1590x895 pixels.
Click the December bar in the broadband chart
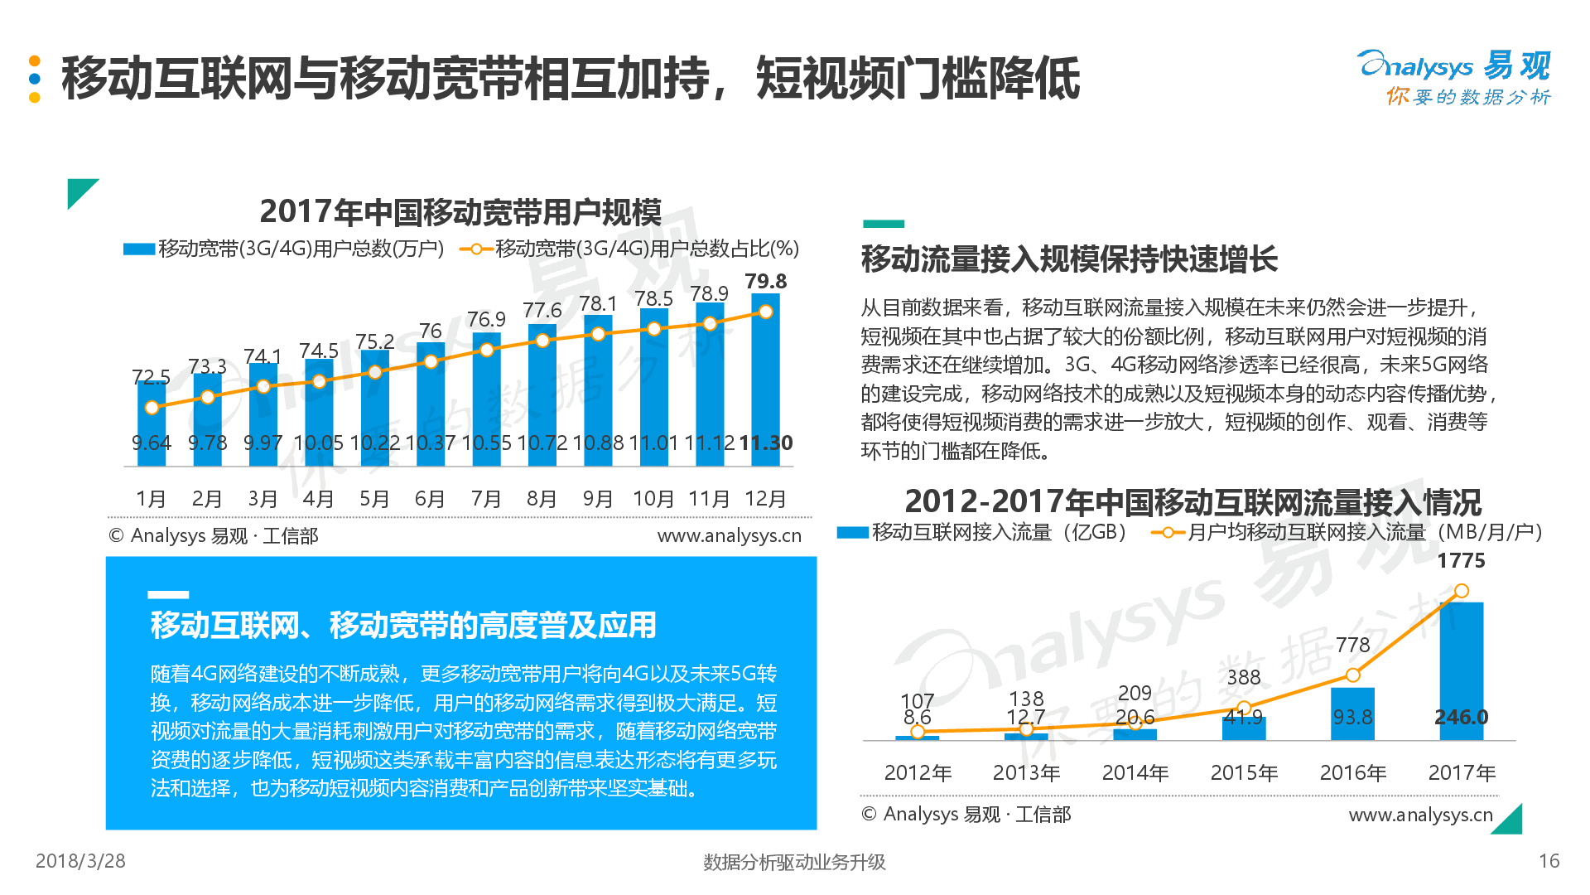coord(765,381)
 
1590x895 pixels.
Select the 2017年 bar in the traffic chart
coord(1461,663)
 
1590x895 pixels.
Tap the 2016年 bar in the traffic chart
coord(1352,713)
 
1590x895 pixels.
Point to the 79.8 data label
coord(765,282)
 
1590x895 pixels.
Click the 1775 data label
coord(1461,561)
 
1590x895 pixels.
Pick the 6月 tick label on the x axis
coord(430,499)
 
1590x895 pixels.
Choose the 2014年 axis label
coord(1135,773)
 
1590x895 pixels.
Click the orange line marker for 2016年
coord(1352,675)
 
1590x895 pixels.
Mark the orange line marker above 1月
coord(152,408)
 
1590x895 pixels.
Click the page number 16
coord(1549,861)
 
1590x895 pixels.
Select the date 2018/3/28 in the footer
coord(80,861)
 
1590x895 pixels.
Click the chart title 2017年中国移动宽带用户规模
coord(460,212)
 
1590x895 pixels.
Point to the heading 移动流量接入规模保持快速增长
coord(1069,259)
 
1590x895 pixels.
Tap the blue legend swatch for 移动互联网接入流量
coord(852,533)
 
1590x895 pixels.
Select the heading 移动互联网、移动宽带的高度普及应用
coord(403,625)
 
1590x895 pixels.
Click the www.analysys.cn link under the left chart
coord(729,536)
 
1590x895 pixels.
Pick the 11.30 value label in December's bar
coord(765,443)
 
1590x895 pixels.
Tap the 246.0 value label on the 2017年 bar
coord(1461,717)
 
